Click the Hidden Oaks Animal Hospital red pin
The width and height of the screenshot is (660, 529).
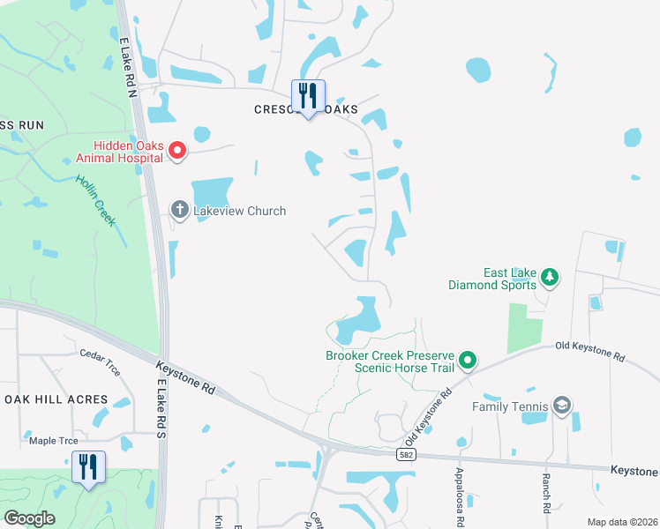[x=176, y=151]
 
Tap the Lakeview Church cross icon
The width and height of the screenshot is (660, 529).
[x=179, y=210]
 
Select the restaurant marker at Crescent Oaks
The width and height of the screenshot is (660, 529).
[x=308, y=97]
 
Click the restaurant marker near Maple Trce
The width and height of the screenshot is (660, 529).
[x=88, y=467]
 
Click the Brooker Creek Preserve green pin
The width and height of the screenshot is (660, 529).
[x=468, y=360]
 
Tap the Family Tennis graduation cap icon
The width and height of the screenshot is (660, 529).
[x=562, y=406]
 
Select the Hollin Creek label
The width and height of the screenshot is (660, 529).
[x=95, y=198]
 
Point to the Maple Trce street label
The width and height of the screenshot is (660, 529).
[x=54, y=441]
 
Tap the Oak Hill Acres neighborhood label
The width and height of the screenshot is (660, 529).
[x=56, y=399]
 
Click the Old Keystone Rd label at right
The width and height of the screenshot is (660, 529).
[x=590, y=352]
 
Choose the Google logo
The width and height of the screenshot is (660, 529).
[x=30, y=518]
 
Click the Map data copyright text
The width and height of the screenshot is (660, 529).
[x=621, y=522]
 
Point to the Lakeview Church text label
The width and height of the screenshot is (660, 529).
[x=239, y=211]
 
